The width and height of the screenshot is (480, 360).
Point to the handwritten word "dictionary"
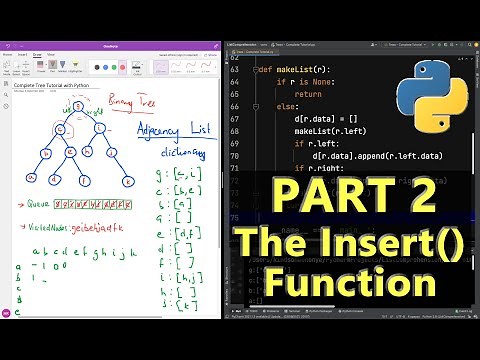coord(184,155)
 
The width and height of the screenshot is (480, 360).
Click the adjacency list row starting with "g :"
coord(179,176)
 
